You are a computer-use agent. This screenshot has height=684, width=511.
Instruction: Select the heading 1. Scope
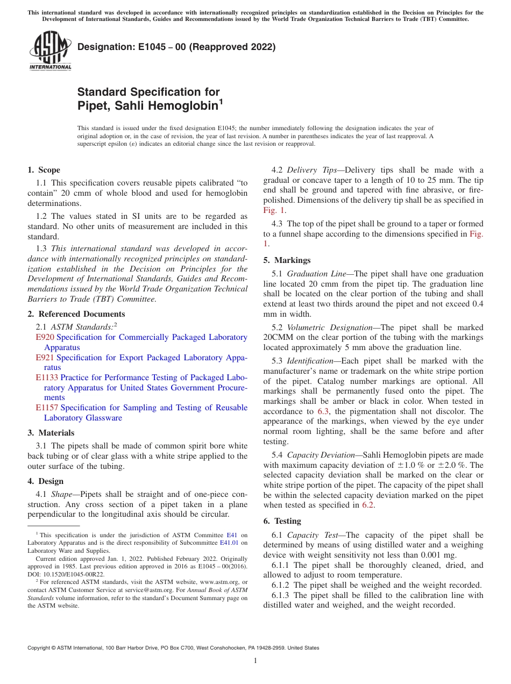click(44, 170)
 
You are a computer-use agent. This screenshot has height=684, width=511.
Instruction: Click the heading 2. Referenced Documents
click(76, 314)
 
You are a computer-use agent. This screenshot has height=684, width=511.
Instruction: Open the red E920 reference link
click(45, 337)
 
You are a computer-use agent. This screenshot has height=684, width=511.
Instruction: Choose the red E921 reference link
click(45, 358)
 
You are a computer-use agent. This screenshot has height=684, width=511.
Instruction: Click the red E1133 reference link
click(47, 377)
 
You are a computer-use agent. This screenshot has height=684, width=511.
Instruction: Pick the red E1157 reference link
click(47, 408)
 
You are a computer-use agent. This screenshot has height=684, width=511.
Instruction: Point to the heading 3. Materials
click(51, 433)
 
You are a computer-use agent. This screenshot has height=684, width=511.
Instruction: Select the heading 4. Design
click(46, 481)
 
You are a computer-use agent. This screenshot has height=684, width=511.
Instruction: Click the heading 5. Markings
click(287, 260)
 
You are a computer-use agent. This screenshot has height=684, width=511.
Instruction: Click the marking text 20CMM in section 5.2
click(279, 338)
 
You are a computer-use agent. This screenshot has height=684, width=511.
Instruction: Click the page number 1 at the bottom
click(256, 661)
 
